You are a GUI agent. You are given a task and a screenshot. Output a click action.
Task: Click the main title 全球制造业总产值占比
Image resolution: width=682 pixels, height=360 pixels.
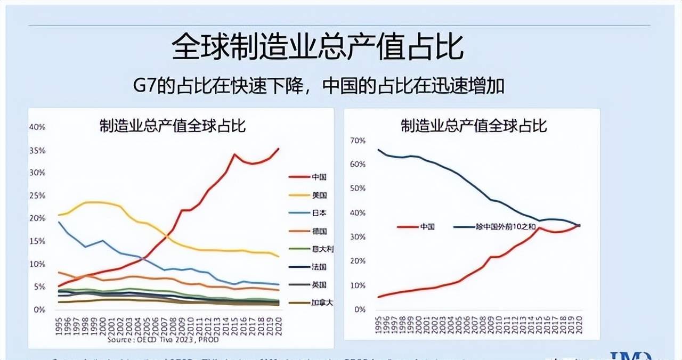[x=318, y=48]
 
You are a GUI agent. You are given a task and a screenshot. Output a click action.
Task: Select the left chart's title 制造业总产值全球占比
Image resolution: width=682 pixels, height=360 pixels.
[x=172, y=126]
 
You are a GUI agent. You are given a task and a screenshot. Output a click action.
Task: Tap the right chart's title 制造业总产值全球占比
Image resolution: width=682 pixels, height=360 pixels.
[x=474, y=126]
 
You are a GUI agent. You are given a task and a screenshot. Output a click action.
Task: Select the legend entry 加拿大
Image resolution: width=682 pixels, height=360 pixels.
[x=322, y=302]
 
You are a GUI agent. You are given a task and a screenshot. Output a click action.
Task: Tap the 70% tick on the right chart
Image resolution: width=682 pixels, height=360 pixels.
[x=358, y=141]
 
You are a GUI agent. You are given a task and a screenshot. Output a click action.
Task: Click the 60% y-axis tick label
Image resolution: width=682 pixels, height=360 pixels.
[x=358, y=165]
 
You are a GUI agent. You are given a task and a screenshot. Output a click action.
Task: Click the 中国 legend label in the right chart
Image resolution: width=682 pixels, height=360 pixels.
[x=427, y=226]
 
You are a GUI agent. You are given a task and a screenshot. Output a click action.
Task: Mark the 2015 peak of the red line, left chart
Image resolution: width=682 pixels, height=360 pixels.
[x=234, y=154]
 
